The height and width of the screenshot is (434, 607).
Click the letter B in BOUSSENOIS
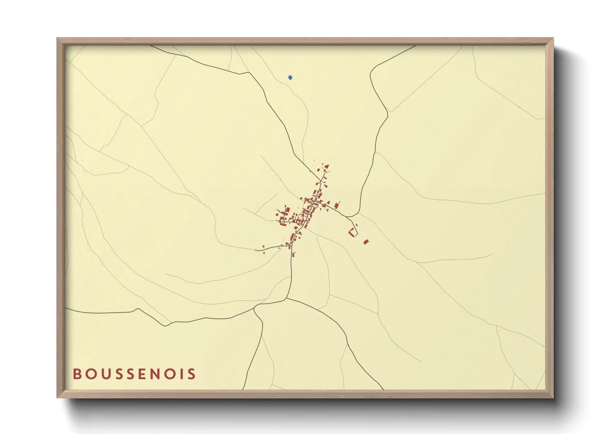[77, 374]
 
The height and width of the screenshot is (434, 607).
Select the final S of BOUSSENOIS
[191, 374]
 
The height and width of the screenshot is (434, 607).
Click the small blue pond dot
[290, 77]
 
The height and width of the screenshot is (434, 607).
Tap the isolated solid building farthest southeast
[366, 242]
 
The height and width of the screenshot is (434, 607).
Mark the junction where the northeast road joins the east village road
[348, 216]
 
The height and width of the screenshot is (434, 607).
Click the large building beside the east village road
[337, 205]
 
